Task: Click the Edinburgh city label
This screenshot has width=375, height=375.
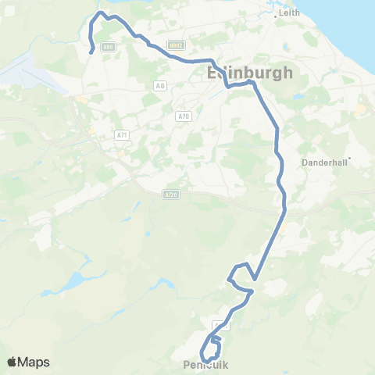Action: [x=250, y=73]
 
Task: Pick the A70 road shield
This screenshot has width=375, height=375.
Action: [x=184, y=116]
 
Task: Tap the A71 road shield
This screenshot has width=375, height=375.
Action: [x=121, y=135]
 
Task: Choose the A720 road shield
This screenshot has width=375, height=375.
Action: [x=171, y=194]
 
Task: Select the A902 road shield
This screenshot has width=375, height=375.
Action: [x=177, y=46]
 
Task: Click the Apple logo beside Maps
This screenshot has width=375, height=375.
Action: [x=12, y=362]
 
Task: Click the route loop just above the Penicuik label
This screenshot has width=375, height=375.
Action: [x=210, y=348]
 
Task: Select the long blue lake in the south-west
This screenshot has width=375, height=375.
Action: [x=74, y=280]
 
